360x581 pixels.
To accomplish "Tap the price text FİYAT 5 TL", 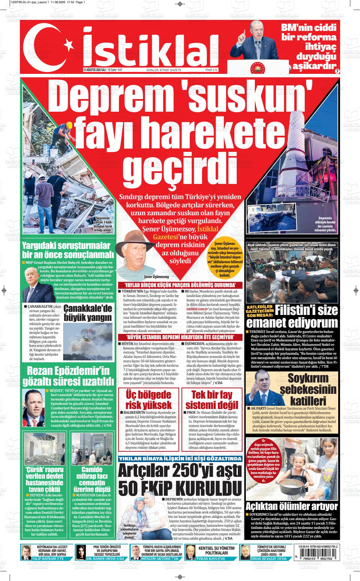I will tap(212, 70).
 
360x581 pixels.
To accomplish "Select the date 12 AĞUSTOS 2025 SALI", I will tap(94, 70).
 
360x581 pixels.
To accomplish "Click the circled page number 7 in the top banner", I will tap(337, 71).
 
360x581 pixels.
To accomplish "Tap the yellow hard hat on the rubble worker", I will tap(69, 126).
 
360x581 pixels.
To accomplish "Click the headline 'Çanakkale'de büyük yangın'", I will tap(88, 313).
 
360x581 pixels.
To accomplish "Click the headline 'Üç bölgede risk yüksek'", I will tap(148, 400).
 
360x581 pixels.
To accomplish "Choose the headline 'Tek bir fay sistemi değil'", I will tap(212, 400).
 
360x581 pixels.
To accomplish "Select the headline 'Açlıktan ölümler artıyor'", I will tap(292, 507).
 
